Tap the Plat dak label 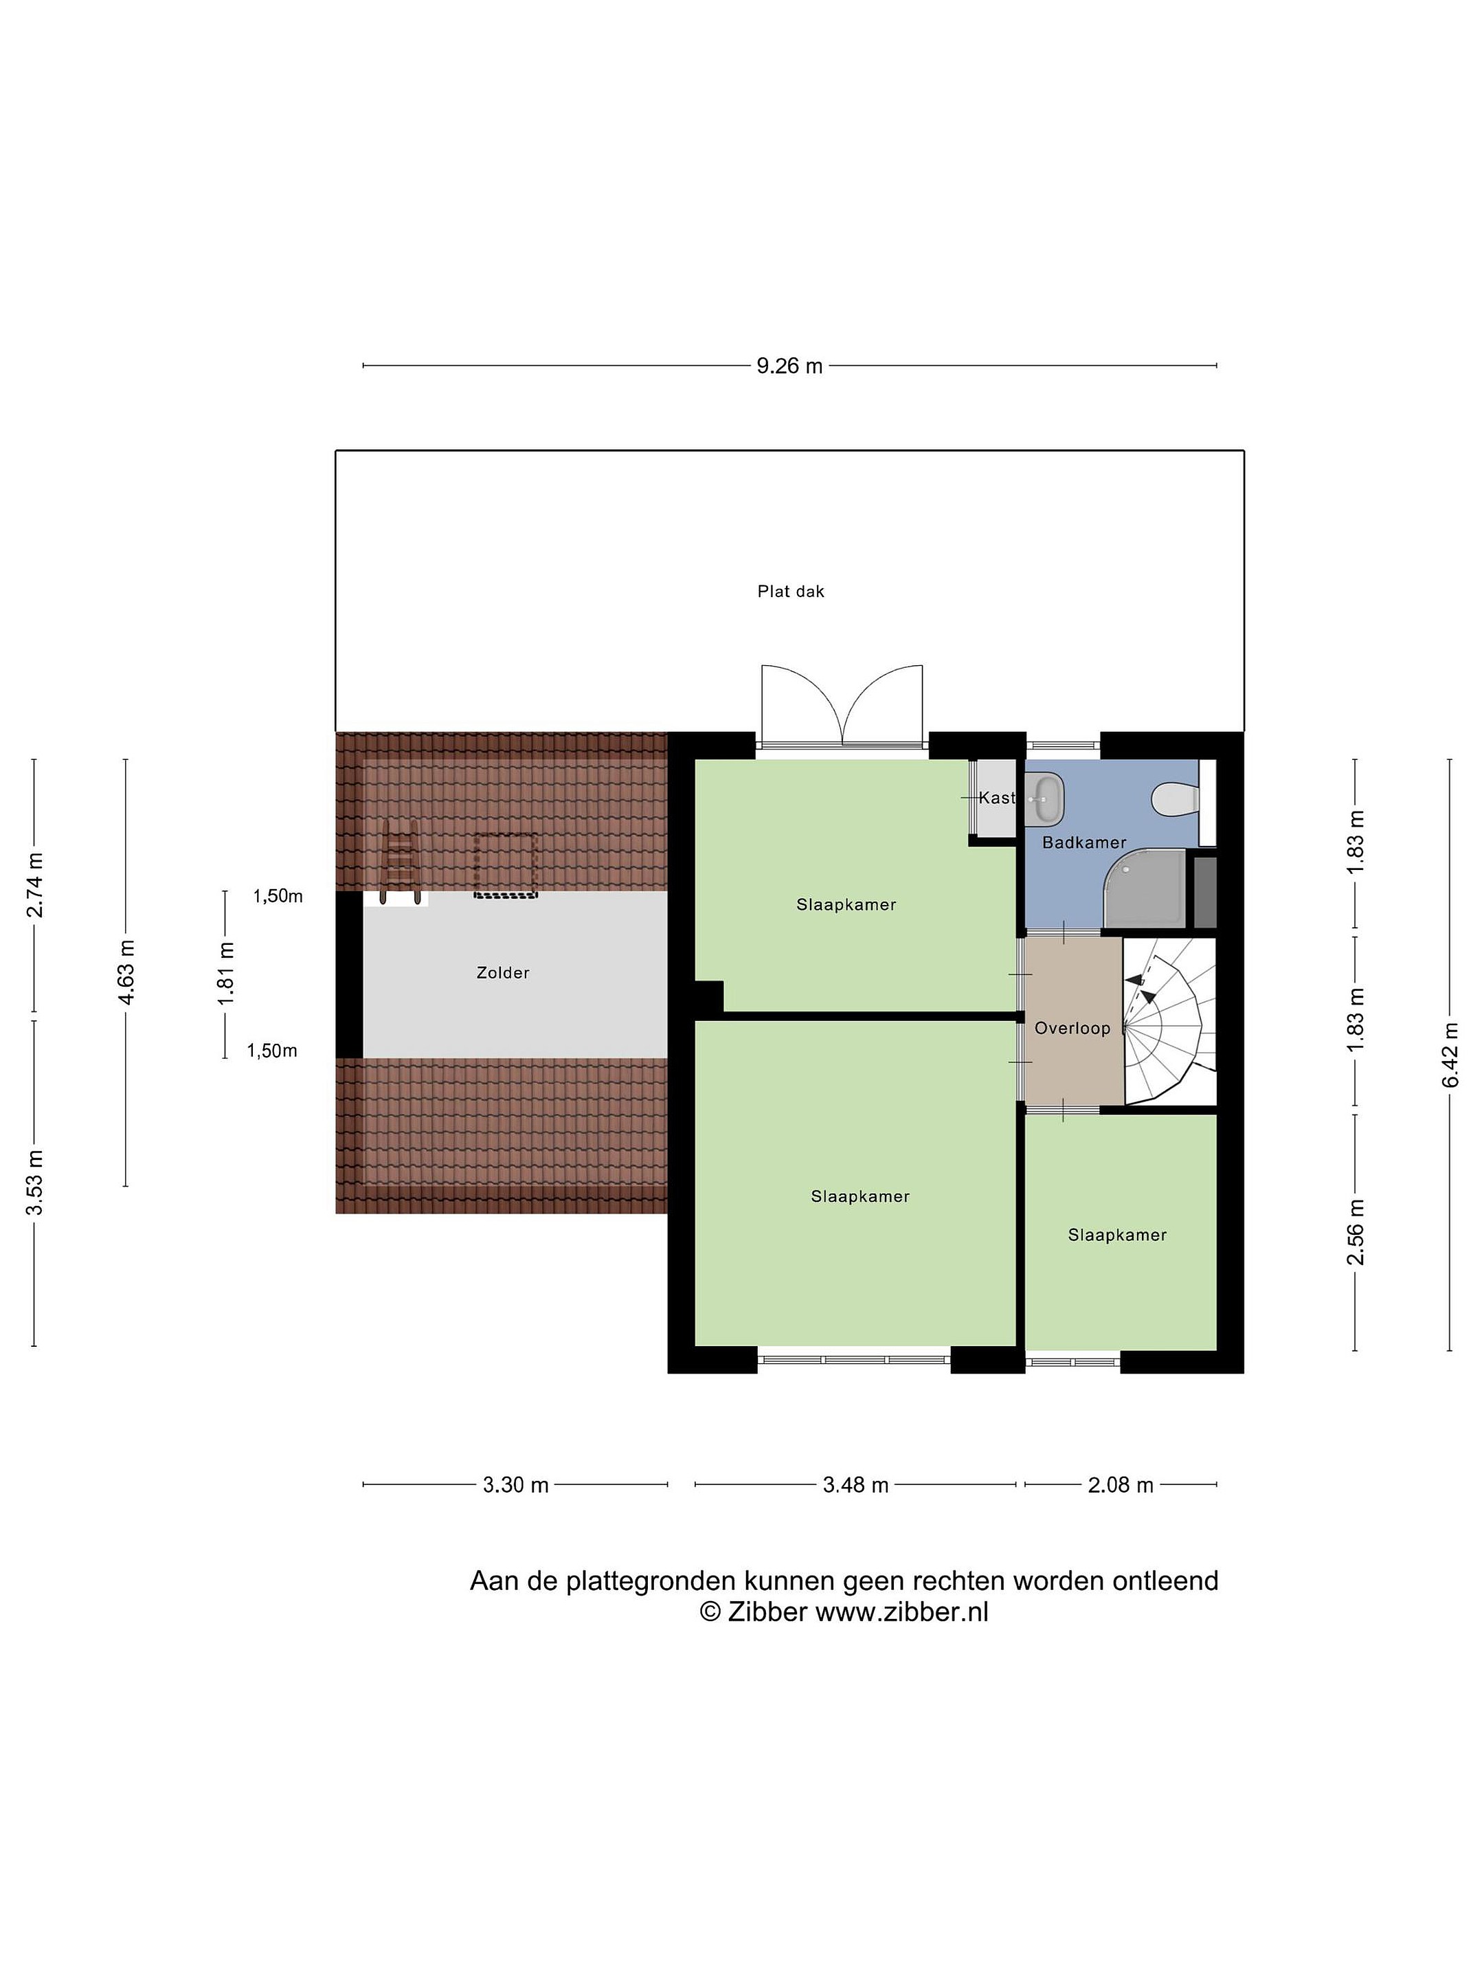(791, 592)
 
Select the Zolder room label (503, 972)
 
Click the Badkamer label (1084, 842)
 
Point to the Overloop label (1072, 1028)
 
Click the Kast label (996, 797)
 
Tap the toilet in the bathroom (1175, 799)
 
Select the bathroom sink (1046, 797)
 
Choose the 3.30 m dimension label (515, 1485)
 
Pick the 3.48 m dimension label (855, 1485)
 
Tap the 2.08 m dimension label (1120, 1485)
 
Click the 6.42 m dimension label (1449, 1055)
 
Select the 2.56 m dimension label (1356, 1232)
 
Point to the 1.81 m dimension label (225, 972)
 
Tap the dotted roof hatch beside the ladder (506, 865)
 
